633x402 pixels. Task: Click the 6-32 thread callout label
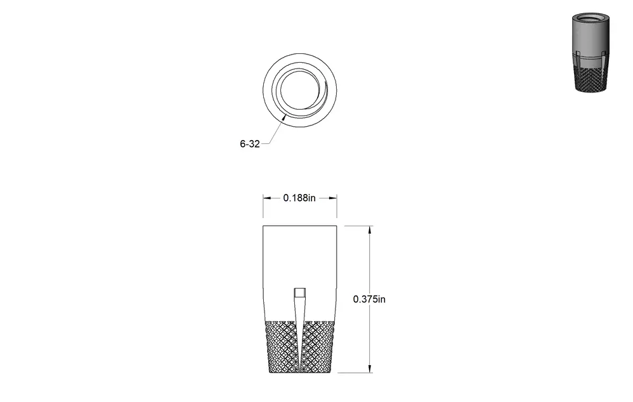250,144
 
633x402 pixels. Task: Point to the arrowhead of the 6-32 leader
285,117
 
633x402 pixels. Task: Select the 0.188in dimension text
299,198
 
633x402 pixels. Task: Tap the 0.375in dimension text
369,299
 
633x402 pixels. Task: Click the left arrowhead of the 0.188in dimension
267,198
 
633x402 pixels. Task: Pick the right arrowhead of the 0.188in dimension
333,198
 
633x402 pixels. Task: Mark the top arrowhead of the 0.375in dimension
370,230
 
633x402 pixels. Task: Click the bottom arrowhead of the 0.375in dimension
370,368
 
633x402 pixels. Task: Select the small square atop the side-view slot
299,293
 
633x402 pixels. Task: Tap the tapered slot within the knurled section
299,335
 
